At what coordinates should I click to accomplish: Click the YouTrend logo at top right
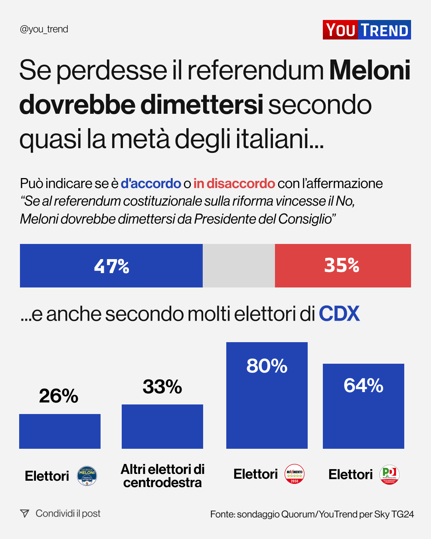[366, 30]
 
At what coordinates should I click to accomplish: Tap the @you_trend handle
[44, 29]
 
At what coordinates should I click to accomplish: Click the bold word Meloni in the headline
[370, 70]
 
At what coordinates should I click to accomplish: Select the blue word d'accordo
[151, 183]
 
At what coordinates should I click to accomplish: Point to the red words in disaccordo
[234, 183]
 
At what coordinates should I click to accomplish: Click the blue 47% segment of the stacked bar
[111, 266]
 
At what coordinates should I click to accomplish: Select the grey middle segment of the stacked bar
[239, 266]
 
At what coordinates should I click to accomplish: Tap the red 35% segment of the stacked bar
[343, 266]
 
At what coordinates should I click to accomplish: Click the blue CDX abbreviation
[339, 314]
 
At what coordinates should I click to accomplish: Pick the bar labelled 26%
[60, 431]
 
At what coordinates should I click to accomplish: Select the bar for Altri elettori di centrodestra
[162, 426]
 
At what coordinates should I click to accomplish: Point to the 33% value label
[162, 386]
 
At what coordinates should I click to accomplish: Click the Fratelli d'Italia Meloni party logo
[87, 476]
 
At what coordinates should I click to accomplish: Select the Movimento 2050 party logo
[295, 474]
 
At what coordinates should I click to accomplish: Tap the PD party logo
[389, 475]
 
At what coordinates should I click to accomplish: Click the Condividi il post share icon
[25, 513]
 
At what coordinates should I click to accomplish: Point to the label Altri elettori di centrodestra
[162, 476]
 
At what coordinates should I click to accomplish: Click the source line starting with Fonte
[312, 514]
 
